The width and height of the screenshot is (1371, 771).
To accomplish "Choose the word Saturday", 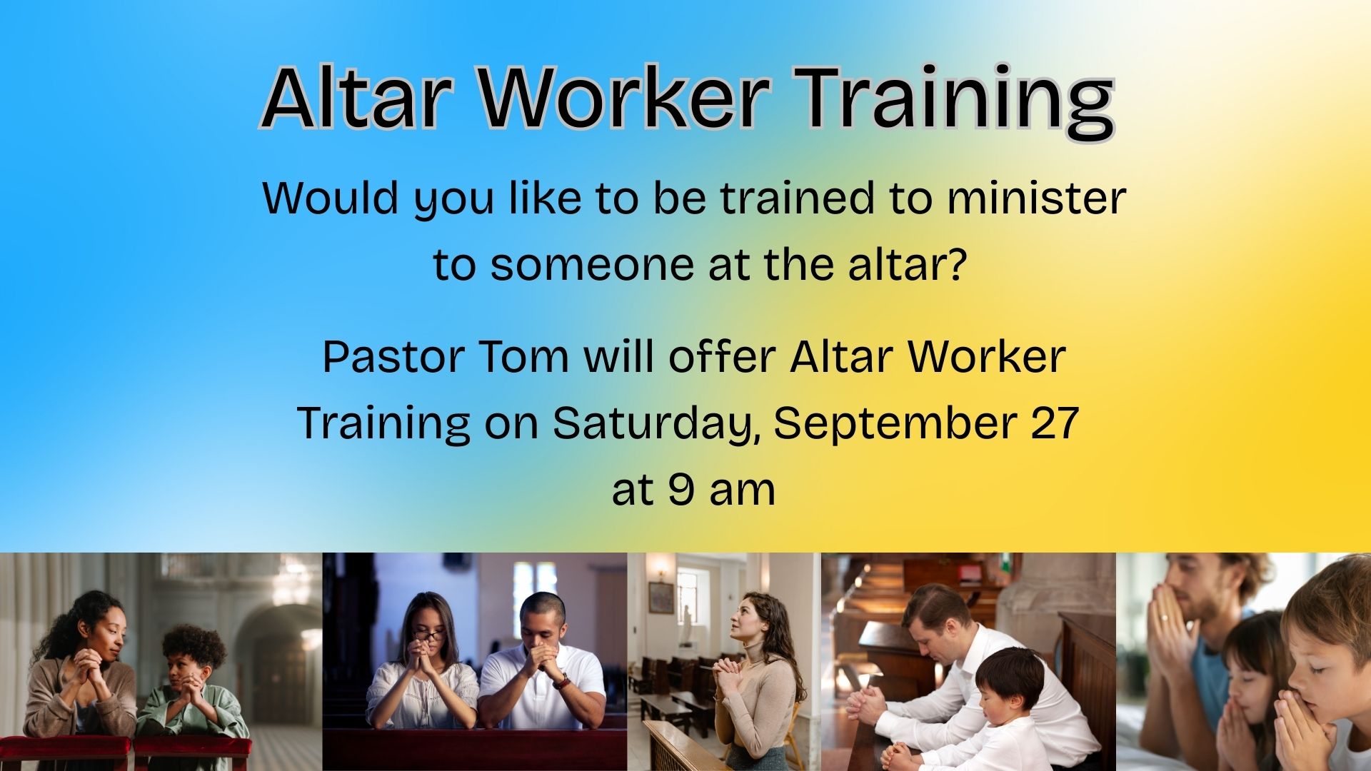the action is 654,423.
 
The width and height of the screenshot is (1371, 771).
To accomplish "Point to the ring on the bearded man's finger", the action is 1163,618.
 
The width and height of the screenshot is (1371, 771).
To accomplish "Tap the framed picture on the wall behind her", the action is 661,598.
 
